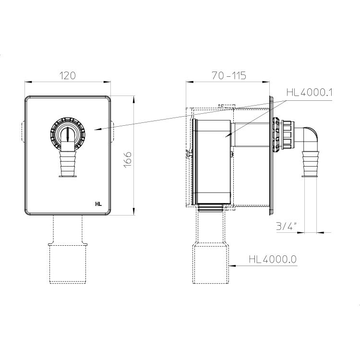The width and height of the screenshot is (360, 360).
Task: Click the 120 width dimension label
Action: click(x=68, y=75)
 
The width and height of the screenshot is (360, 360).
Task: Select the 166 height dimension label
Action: click(x=128, y=160)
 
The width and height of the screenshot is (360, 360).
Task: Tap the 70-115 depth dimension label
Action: click(x=229, y=75)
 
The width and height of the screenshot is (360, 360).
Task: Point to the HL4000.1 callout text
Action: click(x=309, y=93)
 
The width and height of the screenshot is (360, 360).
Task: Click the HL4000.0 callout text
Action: click(x=273, y=259)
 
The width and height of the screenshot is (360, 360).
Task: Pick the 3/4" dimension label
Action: click(x=286, y=227)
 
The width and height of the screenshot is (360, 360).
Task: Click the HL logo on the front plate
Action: click(x=98, y=204)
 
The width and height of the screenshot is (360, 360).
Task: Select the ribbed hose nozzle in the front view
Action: click(x=68, y=164)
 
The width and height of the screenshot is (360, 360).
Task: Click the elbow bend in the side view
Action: click(x=310, y=135)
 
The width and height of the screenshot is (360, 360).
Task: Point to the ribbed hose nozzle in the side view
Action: click(x=310, y=164)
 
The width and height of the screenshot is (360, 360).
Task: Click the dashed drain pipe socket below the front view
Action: click(x=68, y=264)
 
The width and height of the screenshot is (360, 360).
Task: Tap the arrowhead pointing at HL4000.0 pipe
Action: click(x=232, y=265)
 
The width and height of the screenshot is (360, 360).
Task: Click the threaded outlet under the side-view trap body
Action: click(x=210, y=208)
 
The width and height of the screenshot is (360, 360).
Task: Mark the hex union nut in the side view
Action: click(x=287, y=135)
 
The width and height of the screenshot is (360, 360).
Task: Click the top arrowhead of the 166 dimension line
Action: click(x=134, y=99)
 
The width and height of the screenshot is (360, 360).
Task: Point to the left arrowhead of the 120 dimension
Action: click(x=28, y=82)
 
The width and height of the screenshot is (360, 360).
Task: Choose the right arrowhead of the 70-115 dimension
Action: click(x=266, y=82)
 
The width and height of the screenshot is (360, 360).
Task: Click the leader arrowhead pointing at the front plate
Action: click(x=97, y=129)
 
